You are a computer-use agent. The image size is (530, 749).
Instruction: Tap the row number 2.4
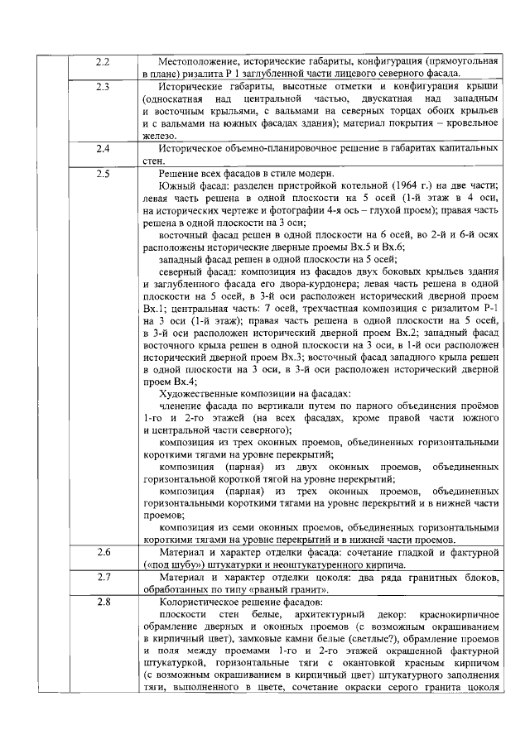click(x=104, y=148)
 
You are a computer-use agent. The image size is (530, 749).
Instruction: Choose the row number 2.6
click(x=104, y=551)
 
